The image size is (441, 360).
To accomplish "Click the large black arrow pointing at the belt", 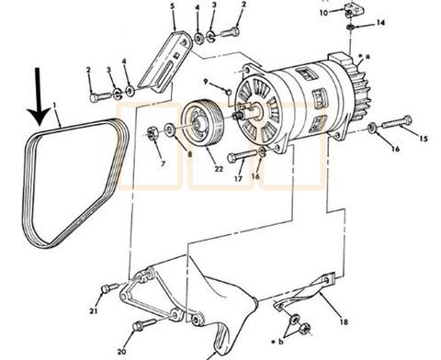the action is (x=38, y=98).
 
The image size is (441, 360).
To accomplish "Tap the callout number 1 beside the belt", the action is (x=54, y=106).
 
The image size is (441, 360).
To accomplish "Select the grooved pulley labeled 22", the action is (x=201, y=123).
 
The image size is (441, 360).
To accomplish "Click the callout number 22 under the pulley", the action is (x=219, y=169).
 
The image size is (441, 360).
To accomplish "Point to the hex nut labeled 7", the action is (x=152, y=133).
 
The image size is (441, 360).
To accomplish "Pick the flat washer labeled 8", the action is (x=169, y=129).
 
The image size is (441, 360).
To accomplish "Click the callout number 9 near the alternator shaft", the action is (x=206, y=82).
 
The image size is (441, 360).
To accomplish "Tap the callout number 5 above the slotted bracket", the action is (x=173, y=6).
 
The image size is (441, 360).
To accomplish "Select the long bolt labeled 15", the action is (x=397, y=121).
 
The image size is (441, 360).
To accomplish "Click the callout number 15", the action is (x=424, y=139).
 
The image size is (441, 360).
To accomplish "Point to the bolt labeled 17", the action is (x=242, y=155).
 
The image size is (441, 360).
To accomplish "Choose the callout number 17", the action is (x=238, y=179).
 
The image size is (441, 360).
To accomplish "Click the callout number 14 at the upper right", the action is (x=380, y=23).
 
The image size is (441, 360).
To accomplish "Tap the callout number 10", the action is (x=323, y=13).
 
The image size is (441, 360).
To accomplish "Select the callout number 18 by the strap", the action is (x=344, y=321).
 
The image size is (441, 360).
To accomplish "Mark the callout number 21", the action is (x=94, y=311).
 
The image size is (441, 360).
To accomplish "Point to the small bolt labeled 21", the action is (x=109, y=287).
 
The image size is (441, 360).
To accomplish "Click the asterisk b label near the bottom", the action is (x=277, y=342).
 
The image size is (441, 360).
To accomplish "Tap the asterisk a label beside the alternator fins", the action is (x=365, y=56).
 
